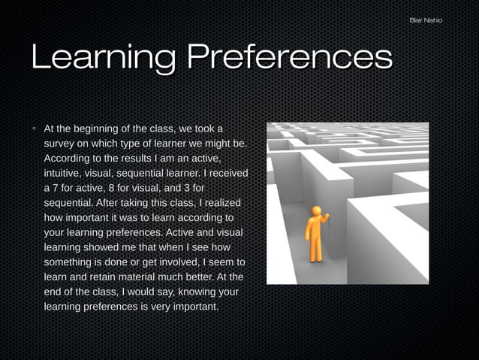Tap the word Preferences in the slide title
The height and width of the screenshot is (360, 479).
point(289,59)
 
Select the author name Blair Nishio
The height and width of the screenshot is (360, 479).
point(426,20)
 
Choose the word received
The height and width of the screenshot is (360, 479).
point(225,173)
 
